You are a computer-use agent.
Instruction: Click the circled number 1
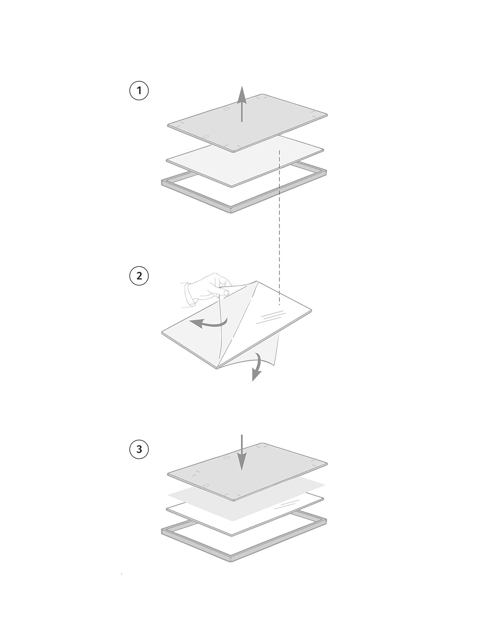pyautogui.click(x=139, y=91)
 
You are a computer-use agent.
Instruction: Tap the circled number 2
pyautogui.click(x=139, y=276)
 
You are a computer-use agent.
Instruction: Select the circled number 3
pyautogui.click(x=139, y=449)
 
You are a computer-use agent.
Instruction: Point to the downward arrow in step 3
pyautogui.click(x=242, y=452)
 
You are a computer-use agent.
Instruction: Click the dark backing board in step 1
pyautogui.click(x=248, y=123)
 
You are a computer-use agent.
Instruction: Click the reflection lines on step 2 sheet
pyautogui.click(x=271, y=317)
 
